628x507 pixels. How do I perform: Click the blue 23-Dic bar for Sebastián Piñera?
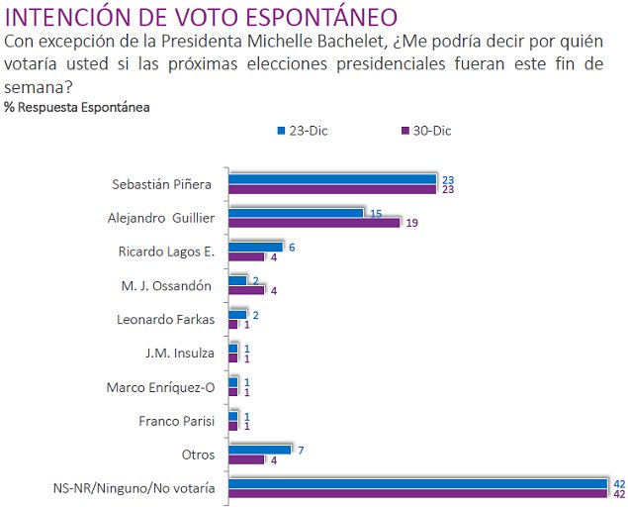[332, 179]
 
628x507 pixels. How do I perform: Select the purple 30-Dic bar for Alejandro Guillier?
[314, 223]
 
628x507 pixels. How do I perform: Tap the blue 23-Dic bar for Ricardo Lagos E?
[255, 247]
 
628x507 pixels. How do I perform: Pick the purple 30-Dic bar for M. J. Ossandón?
[246, 290]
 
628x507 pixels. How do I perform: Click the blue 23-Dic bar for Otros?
[259, 450]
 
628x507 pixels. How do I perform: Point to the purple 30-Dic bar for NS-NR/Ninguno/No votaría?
[417, 493]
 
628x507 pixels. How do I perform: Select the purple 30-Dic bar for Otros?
[246, 459]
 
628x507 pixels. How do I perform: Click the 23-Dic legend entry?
[302, 130]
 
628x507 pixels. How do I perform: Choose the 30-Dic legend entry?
[425, 130]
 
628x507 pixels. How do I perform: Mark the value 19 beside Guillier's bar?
[411, 224]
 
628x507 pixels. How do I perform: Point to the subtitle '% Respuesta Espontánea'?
[77, 107]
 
